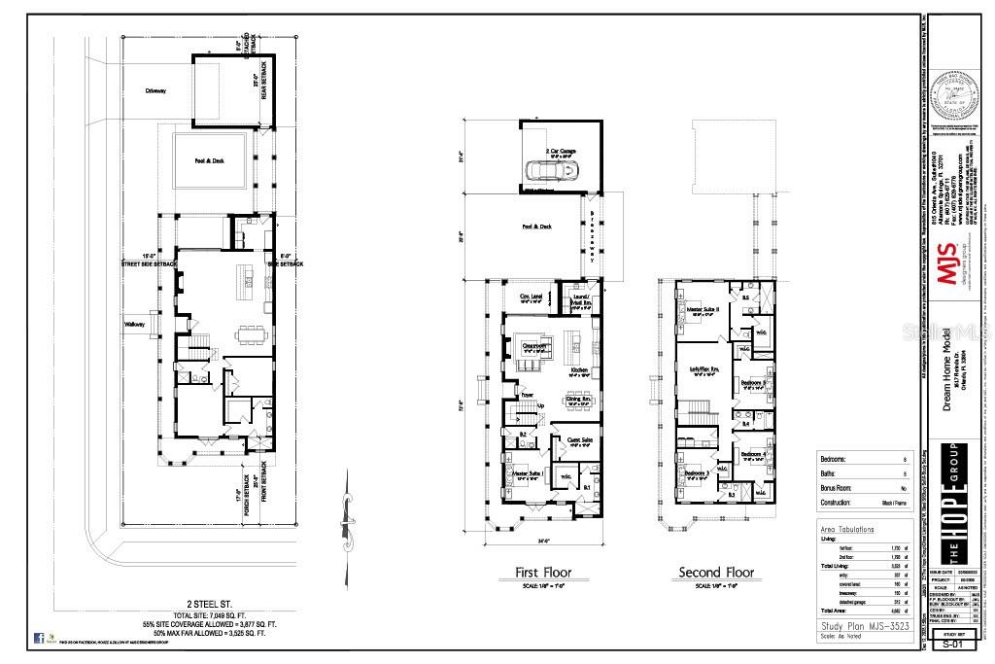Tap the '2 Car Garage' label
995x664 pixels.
pyautogui.click(x=561, y=151)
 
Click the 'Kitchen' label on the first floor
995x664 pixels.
pyautogui.click(x=580, y=370)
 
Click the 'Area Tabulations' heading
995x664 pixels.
pyautogui.click(x=847, y=530)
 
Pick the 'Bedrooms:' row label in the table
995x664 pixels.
pyautogui.click(x=835, y=458)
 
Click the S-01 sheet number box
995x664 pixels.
pyautogui.click(x=952, y=642)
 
